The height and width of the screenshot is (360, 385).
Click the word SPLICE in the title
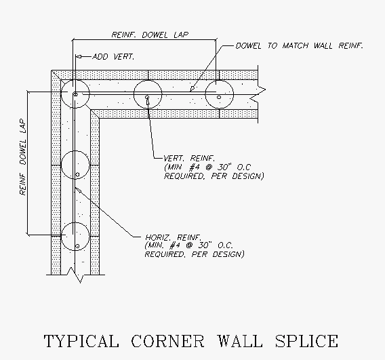coord(306,340)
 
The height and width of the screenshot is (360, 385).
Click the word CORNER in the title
coord(167,340)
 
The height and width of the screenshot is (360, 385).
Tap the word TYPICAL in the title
coord(81,341)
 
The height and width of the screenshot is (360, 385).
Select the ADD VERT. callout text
coord(113,57)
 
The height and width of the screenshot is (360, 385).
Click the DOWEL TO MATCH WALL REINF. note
coord(300,45)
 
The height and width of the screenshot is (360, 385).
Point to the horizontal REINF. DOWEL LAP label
coord(150,35)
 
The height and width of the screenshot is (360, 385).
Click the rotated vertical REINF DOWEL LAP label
coord(22,157)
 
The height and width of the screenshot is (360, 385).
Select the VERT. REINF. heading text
coord(189,158)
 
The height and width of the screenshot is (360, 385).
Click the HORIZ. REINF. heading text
coord(174,237)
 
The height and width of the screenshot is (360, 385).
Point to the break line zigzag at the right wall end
coord(258,94)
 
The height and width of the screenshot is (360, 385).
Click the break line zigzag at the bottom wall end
coord(75,275)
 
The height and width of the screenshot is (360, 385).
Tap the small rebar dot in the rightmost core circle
coord(219,97)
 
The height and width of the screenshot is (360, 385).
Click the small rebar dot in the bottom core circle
coord(77,246)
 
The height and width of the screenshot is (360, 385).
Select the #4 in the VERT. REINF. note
coord(195,167)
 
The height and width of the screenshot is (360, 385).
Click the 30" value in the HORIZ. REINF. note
coord(205,245)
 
